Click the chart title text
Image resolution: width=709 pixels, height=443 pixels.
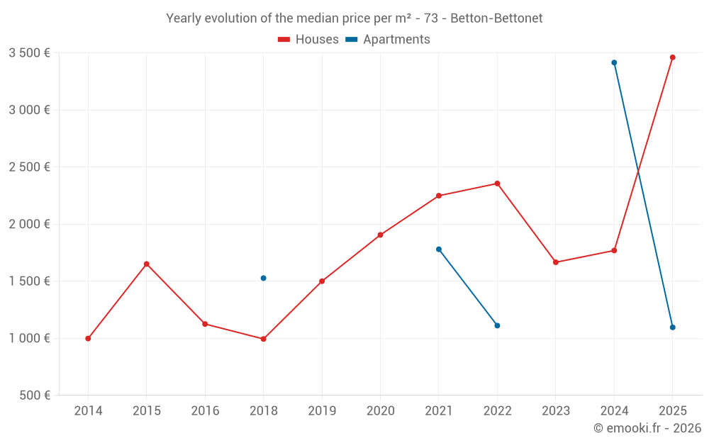[354, 18]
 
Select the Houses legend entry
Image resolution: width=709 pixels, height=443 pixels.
[308, 40]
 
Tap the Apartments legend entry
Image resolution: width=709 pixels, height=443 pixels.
[388, 40]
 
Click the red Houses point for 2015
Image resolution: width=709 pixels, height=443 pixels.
[147, 264]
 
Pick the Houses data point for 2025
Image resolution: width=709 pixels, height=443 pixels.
[673, 57]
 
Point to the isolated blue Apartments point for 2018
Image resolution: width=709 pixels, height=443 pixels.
[263, 278]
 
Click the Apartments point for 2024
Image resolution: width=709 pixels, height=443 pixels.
[614, 62]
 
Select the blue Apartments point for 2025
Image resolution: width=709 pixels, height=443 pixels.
[673, 327]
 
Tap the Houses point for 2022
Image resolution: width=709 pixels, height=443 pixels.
[497, 184]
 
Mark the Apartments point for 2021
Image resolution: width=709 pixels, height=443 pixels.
[439, 249]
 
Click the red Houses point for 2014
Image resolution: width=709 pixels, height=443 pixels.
[88, 338]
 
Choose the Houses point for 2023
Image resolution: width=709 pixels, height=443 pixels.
[556, 262]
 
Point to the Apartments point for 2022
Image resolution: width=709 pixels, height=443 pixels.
[497, 325]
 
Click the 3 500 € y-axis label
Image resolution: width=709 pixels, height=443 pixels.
[29, 53]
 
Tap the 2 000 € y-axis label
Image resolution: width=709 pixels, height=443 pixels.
[29, 224]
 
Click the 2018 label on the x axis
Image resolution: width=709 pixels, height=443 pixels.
[263, 411]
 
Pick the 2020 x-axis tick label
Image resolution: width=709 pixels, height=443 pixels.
[380, 411]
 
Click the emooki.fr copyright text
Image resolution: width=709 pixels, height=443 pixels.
[647, 428]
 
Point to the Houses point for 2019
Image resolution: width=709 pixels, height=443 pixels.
[322, 281]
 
